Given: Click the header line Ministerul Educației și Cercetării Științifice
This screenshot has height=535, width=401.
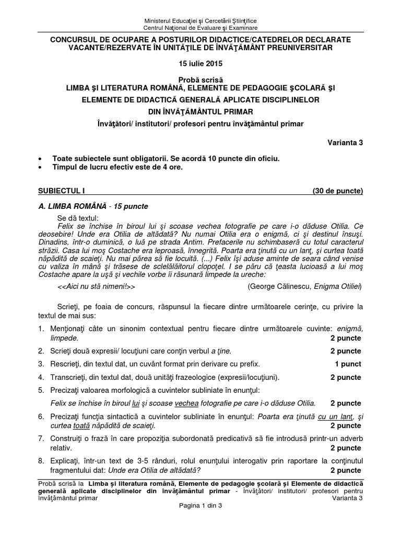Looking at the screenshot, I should click(x=200, y=20).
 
